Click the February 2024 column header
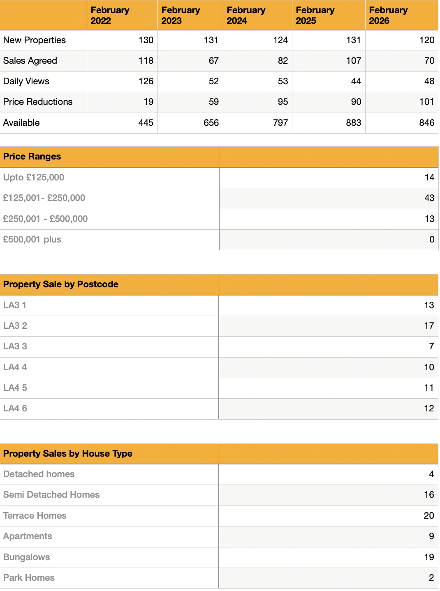tap(246, 15)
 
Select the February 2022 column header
tap(110, 15)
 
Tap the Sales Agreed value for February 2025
tap(353, 61)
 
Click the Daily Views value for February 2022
tap(146, 81)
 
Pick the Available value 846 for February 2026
tap(426, 123)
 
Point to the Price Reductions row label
tap(38, 102)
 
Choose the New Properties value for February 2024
tap(280, 40)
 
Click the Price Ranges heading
tap(32, 157)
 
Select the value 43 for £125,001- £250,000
tap(429, 198)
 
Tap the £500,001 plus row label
tap(32, 240)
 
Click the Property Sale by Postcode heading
tap(61, 284)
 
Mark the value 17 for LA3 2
tap(429, 326)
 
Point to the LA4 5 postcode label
tap(15, 388)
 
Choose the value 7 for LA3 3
tap(431, 346)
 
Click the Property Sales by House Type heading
tap(68, 454)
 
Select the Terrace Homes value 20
tap(429, 516)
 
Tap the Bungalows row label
tap(27, 557)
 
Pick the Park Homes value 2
tap(431, 578)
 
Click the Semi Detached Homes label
tap(51, 495)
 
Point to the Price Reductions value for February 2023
tap(213, 102)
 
